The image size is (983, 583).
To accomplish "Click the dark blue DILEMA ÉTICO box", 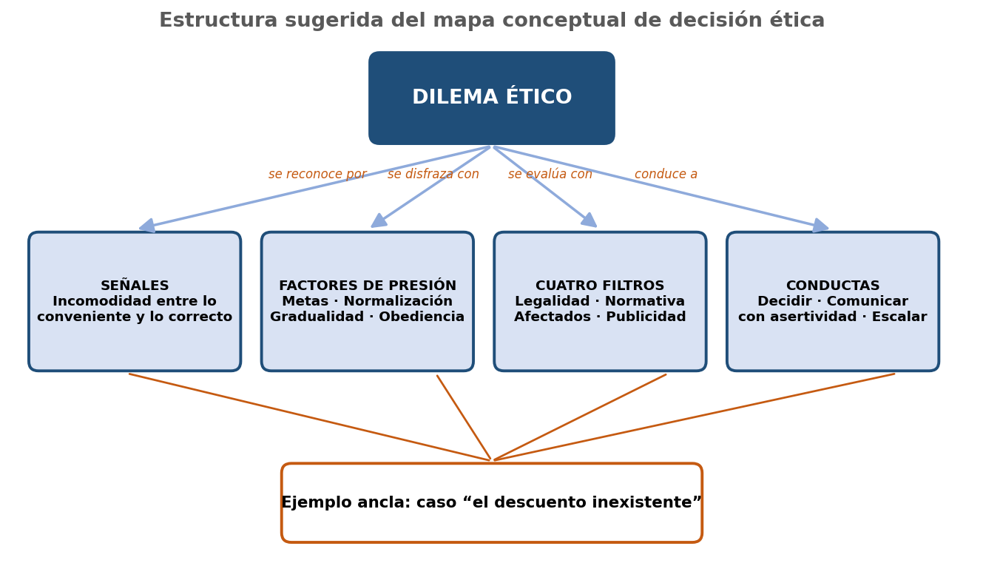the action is (491, 98).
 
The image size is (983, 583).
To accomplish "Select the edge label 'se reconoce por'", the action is (317, 174).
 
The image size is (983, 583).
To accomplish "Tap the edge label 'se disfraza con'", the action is (433, 174).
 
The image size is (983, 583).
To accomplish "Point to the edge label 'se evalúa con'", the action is (550, 174).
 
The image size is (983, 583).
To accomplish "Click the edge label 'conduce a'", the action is (666, 174).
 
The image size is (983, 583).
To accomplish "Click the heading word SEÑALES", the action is (135, 285).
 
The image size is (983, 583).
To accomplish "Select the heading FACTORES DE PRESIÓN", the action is (368, 285).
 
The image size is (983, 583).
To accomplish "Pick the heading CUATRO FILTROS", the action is (600, 286).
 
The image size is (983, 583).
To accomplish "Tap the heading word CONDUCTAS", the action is (833, 286).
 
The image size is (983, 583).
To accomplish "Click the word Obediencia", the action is (422, 317).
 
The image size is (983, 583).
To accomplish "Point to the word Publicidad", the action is (646, 317).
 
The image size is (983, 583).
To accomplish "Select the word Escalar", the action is (899, 317).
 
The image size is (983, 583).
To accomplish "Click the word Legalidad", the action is (552, 301).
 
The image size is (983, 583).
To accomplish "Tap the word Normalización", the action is (398, 301).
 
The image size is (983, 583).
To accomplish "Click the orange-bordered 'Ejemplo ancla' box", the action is (491, 502).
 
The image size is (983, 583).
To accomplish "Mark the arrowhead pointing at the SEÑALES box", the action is (147, 226).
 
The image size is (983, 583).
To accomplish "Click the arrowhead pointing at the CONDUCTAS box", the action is (820, 226).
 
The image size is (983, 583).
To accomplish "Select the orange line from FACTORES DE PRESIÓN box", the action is (464, 417).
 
